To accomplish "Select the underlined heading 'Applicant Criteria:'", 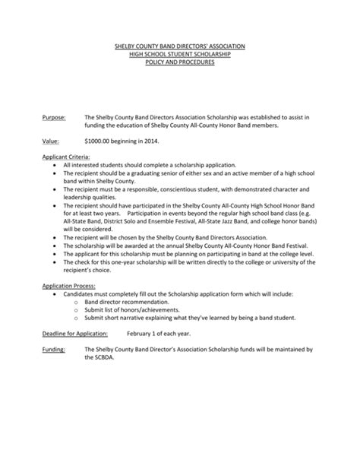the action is click(x=66, y=156).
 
